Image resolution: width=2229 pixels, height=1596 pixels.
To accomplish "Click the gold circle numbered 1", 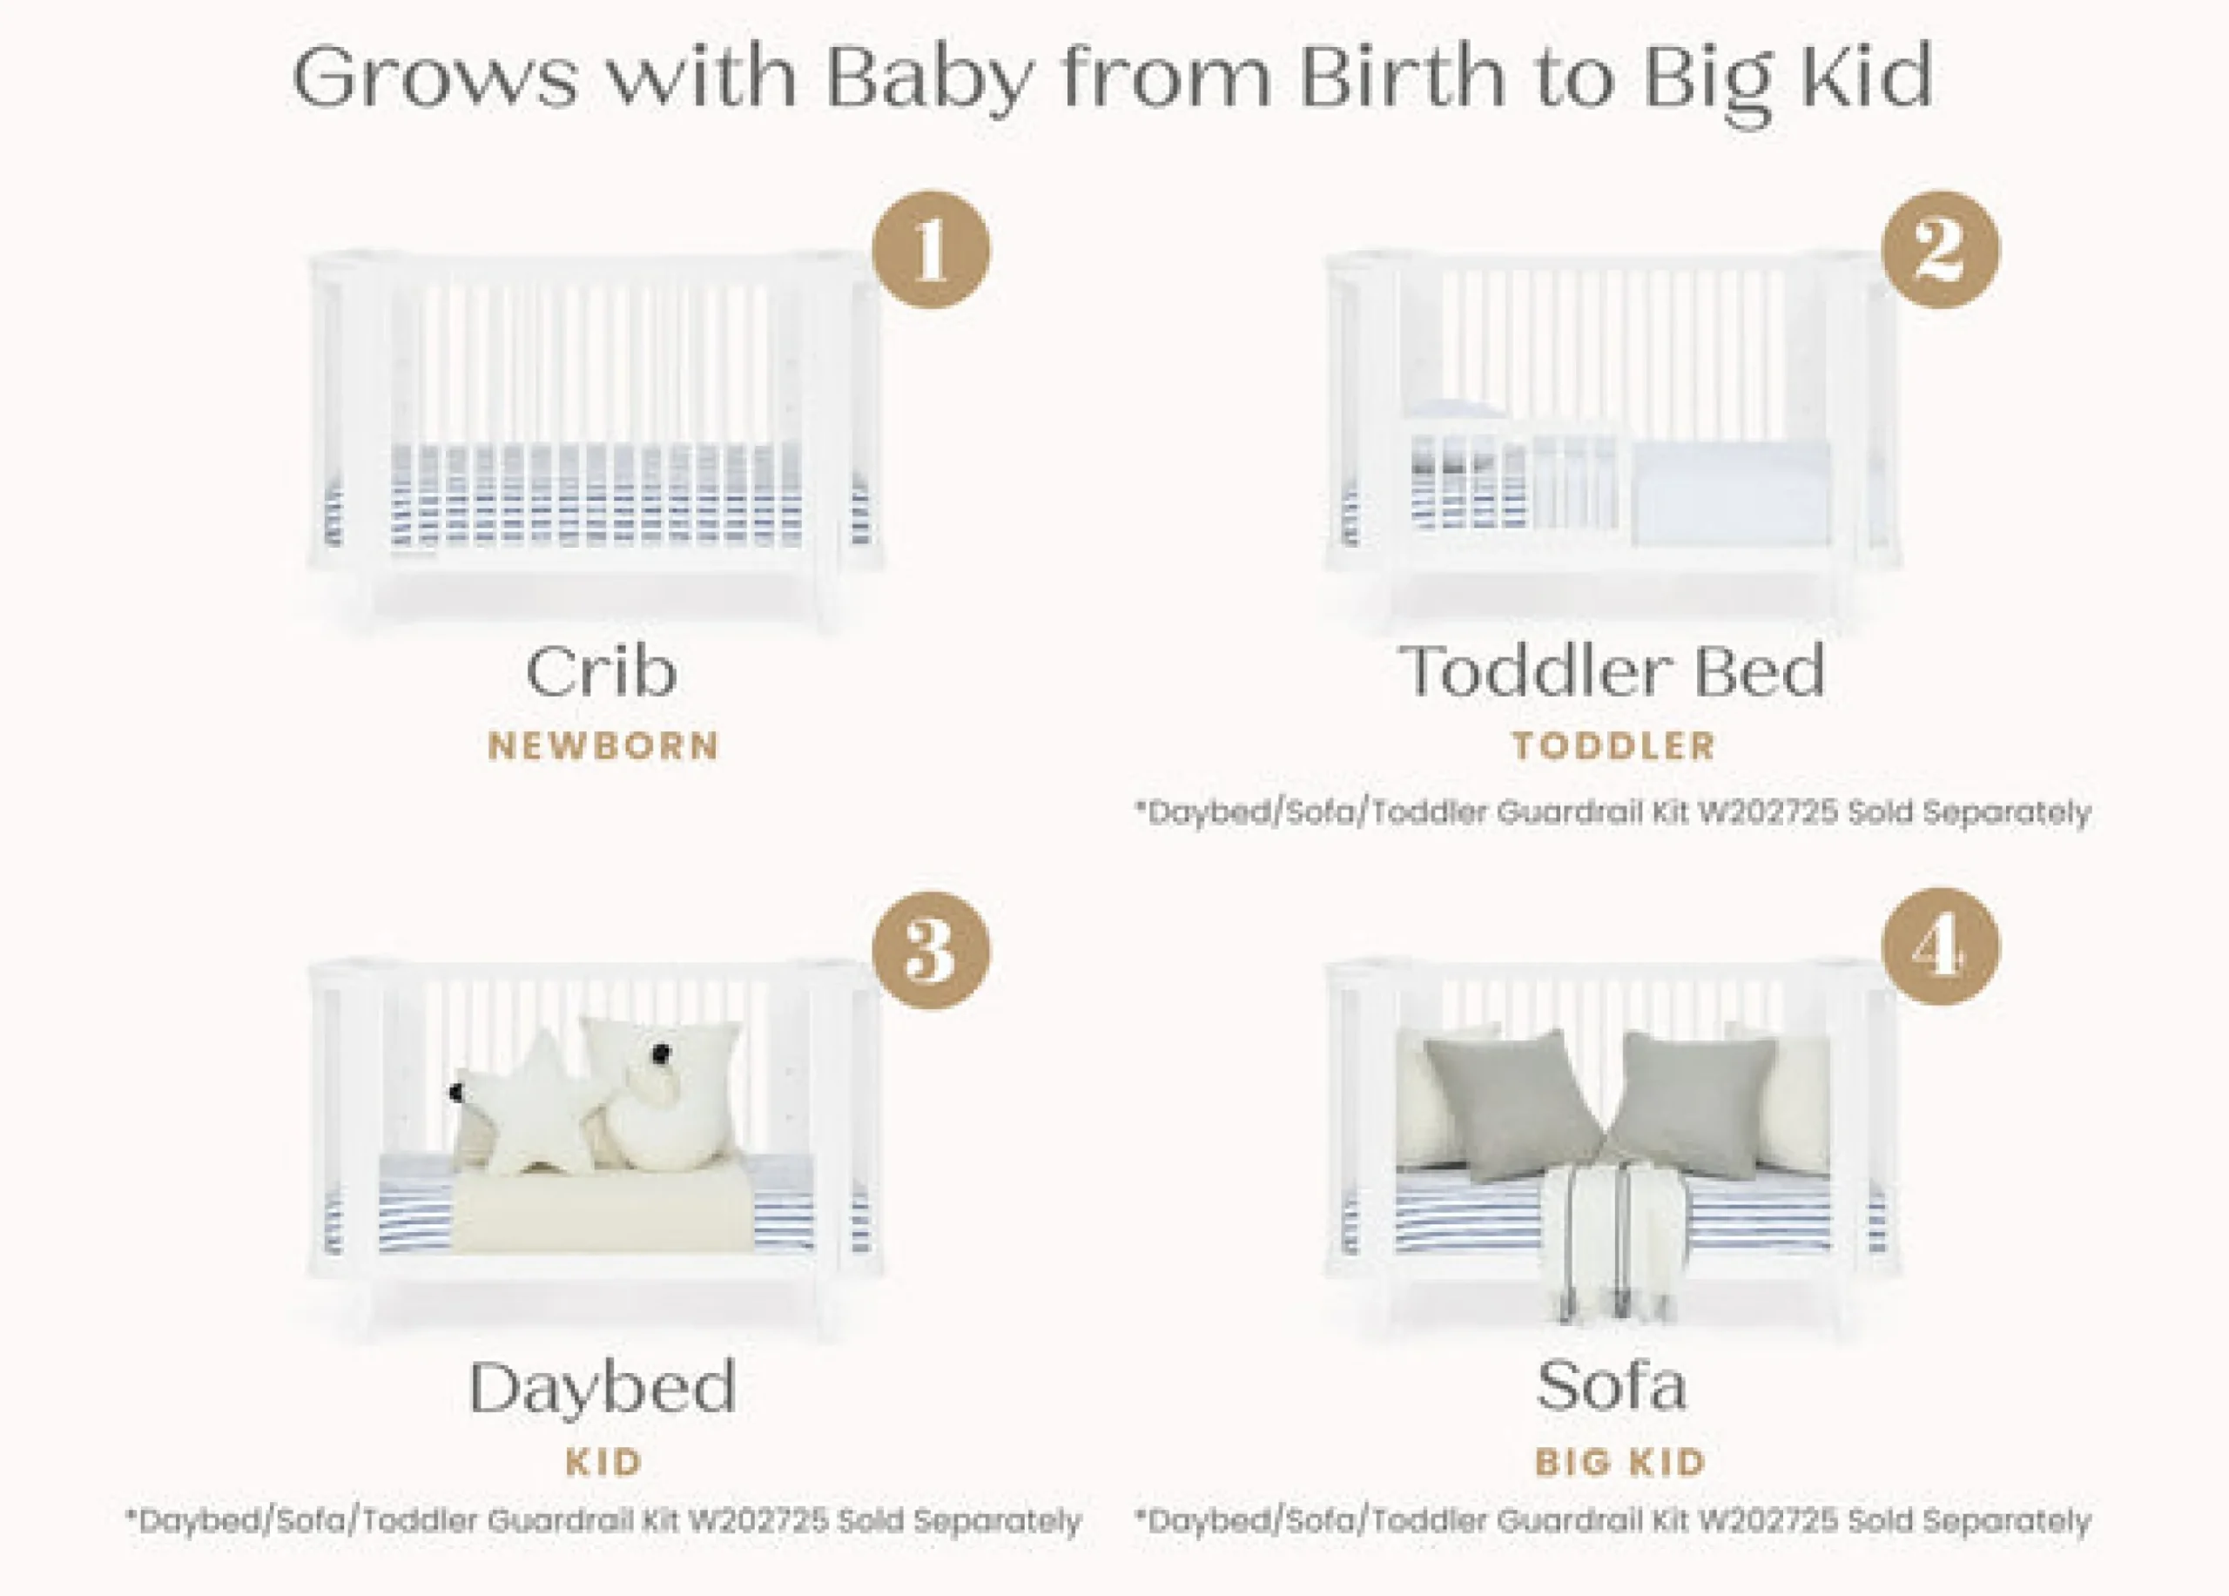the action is coord(931,250).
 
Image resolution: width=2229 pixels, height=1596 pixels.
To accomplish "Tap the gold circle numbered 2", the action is coord(1940,250).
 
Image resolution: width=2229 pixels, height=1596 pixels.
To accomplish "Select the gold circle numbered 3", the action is coord(931,950).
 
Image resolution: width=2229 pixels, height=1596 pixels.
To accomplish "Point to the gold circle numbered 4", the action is coord(1940,947).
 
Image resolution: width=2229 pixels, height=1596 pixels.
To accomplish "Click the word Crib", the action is coord(602,672).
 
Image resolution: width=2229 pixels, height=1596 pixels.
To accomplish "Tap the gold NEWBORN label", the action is coord(603,747).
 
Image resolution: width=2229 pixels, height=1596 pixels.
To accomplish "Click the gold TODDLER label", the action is coord(1613,747).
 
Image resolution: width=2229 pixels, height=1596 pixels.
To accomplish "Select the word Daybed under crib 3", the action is coord(603,1388).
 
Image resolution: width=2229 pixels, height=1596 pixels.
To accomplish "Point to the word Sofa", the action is coord(1612,1385).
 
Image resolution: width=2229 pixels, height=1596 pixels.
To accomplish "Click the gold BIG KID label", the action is coord(1620,1462).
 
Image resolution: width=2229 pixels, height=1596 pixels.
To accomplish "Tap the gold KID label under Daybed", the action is coord(603,1462).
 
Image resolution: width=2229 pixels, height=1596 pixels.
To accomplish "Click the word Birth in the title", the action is coord(1407,76).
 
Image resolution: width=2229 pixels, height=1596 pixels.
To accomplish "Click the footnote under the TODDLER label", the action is coord(1613,812).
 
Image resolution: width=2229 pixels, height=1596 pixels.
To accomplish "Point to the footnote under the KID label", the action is coord(603,1521).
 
